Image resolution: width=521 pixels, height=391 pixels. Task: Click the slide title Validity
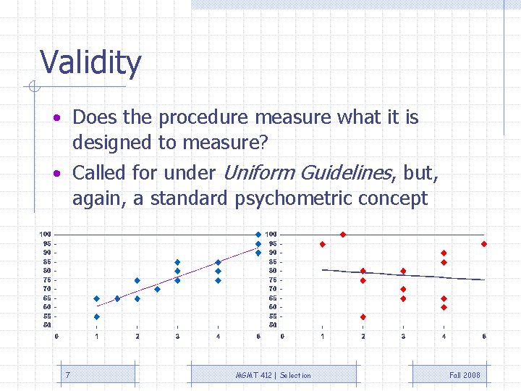(90, 63)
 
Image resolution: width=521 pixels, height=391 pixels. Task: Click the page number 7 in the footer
(68, 374)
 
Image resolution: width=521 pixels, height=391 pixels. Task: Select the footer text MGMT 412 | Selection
(274, 375)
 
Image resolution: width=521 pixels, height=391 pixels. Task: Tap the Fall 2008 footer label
(465, 375)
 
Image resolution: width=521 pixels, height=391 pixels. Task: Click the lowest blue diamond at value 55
(97, 316)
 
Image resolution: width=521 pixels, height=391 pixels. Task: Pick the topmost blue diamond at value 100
(258, 235)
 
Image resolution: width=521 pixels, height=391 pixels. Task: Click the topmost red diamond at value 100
(343, 235)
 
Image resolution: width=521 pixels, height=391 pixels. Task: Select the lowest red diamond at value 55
(363, 316)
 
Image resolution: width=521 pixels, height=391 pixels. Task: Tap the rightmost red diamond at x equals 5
(484, 244)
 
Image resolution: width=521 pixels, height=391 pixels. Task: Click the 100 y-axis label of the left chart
(46, 234)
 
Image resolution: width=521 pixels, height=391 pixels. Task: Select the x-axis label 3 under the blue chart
(177, 336)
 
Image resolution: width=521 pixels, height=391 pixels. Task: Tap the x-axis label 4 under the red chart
(444, 336)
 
